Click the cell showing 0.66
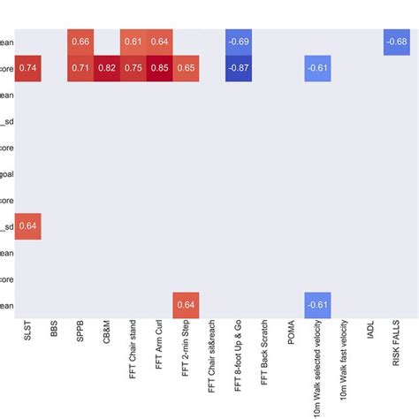click(x=80, y=42)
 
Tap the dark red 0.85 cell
click(x=160, y=67)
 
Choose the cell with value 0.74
click(x=27, y=67)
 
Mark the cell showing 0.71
click(x=80, y=67)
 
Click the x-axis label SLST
click(x=27, y=334)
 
